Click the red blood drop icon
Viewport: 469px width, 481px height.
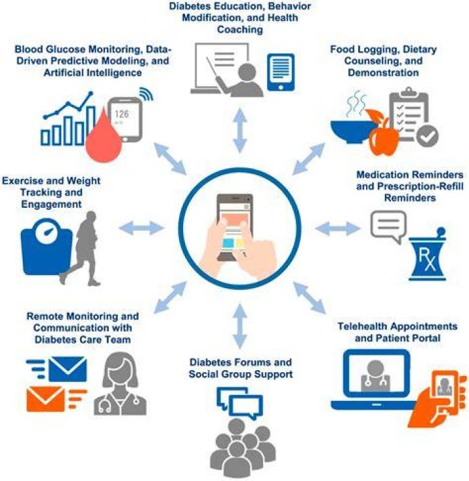(104, 138)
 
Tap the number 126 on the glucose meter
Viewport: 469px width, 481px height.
(122, 114)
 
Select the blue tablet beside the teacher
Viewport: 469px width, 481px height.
(281, 72)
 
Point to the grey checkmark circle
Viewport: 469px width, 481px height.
(427, 136)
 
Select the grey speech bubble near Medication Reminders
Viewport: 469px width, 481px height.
(389, 226)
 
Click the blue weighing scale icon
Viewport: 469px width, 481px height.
(47, 246)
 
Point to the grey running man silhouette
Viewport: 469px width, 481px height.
(82, 248)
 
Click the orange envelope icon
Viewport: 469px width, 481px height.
(46, 400)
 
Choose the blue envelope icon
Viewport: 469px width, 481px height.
(68, 369)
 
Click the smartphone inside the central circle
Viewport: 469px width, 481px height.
(234, 227)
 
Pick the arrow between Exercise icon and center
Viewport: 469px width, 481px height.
(141, 228)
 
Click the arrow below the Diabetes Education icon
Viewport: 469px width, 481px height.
(240, 130)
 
